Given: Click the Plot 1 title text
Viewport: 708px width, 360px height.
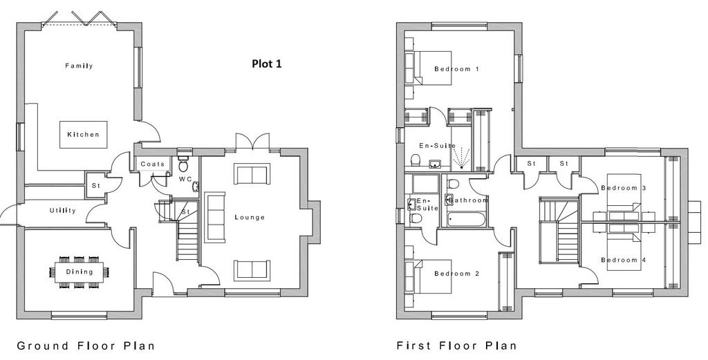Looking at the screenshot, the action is pos(266,64).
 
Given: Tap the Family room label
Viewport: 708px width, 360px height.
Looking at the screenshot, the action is pos(79,66).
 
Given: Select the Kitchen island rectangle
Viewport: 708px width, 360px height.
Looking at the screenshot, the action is pos(84,135).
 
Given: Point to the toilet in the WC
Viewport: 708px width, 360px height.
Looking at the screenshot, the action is pos(183,164).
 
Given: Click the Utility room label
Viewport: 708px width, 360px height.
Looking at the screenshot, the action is pos(63,211).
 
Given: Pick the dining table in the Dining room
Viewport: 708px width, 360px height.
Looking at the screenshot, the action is pos(80,272).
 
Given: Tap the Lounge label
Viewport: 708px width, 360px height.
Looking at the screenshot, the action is pos(250,218).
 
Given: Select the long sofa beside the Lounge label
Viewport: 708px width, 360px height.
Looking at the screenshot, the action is pos(214,218).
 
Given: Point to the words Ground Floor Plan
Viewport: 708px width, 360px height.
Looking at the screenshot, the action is pos(86,346).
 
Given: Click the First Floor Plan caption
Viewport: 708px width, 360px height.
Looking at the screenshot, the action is pos(456,346).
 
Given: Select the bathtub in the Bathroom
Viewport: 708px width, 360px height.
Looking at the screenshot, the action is pos(466,220).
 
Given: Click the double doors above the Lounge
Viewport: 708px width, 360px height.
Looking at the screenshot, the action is pos(253,141).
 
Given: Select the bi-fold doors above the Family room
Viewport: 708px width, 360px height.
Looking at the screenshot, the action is pos(80,18).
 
